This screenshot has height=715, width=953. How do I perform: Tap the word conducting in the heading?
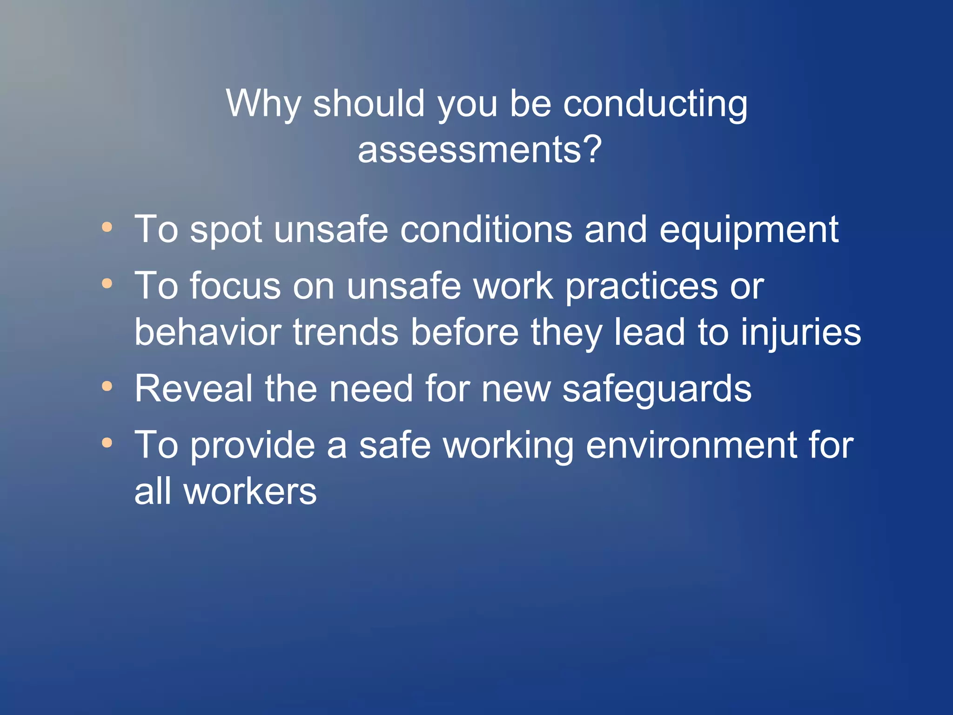coord(655,105)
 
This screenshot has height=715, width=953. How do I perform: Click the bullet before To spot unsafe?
coord(107,227)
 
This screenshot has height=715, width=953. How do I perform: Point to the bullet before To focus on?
coord(107,283)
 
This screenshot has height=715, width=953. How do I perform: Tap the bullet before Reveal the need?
coord(107,386)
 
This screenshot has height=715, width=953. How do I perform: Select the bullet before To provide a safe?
coord(107,443)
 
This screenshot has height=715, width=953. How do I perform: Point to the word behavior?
coord(208,332)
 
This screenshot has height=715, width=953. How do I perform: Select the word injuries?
coord(800,333)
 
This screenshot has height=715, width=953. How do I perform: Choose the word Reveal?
coord(194,389)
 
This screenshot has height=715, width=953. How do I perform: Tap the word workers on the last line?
coord(250,492)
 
